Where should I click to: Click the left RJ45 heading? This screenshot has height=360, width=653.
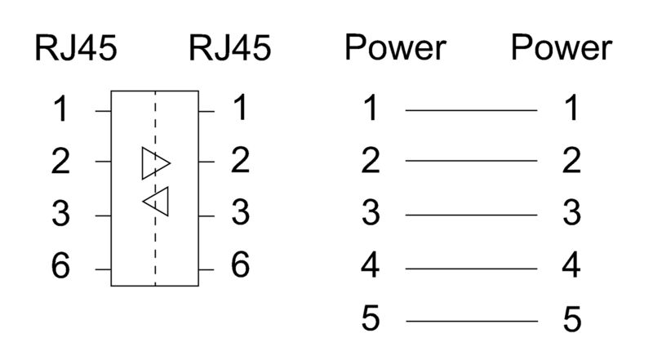[x=75, y=49]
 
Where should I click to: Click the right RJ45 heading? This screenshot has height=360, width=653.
[x=230, y=49]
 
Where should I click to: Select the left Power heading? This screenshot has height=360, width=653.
[x=395, y=49]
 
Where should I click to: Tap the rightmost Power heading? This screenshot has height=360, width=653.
[x=562, y=49]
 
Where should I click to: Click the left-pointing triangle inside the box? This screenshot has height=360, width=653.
[x=157, y=201]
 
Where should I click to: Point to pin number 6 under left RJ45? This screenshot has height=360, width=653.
[x=60, y=268]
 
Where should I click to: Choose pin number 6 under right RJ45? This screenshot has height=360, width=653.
[x=239, y=266]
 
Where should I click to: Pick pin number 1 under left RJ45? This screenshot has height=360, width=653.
[x=60, y=110]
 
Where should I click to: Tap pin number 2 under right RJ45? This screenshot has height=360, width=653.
[x=239, y=162]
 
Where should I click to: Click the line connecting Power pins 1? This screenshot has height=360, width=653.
[x=471, y=109]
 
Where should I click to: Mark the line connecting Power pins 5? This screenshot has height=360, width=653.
[x=471, y=321]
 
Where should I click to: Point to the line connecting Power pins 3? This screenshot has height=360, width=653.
[x=471, y=216]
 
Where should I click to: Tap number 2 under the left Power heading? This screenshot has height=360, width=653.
[x=371, y=162]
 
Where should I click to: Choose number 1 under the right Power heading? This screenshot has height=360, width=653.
[x=571, y=109]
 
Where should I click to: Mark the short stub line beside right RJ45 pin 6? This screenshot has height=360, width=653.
[x=207, y=268]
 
